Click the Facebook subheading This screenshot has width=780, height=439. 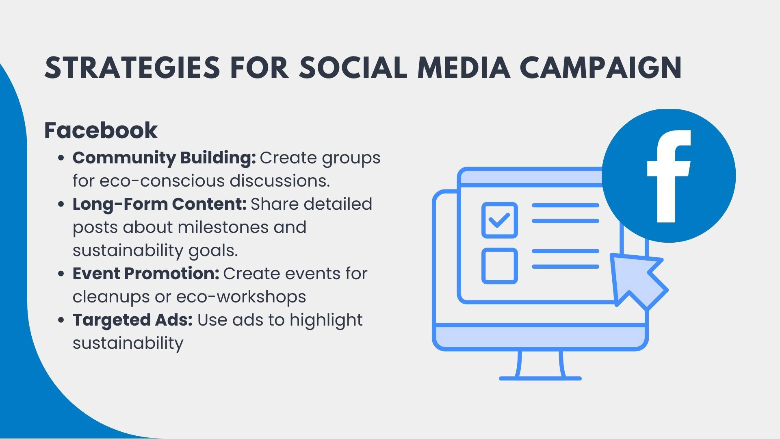(101, 130)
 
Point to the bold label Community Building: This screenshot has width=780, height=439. (164, 158)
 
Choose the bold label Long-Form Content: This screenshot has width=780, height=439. (160, 204)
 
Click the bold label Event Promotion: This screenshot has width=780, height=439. (146, 274)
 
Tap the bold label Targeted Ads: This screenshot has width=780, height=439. (132, 320)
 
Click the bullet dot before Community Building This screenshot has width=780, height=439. (61, 159)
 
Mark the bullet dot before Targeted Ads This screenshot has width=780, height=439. (61, 320)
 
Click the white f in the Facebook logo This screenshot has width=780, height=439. (668, 176)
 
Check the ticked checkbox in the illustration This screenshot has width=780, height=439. (500, 220)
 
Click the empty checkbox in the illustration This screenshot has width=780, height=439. (500, 266)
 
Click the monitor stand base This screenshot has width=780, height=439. (540, 378)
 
